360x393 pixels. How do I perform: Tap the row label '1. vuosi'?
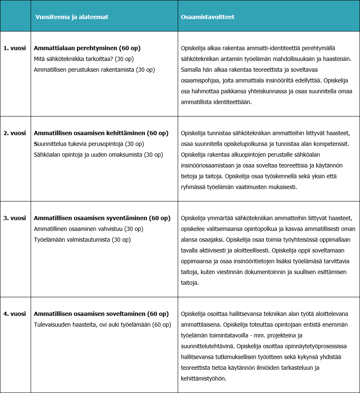[x=14, y=48]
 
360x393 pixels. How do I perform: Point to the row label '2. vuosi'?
[x=14, y=133]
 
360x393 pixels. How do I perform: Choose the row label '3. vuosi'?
[x=14, y=218]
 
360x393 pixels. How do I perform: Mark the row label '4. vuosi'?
[x=14, y=314]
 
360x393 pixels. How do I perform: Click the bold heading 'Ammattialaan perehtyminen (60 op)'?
[x=87, y=48]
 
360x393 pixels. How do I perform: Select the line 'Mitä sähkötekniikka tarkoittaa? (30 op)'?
[x=84, y=59]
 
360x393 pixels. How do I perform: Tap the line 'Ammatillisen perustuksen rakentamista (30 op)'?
[x=94, y=70]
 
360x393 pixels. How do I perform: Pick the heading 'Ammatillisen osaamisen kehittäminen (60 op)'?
[x=101, y=133]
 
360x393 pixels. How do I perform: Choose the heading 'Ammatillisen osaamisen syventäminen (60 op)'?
[x=102, y=218]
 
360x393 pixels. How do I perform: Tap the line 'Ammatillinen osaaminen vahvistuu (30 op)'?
[x=88, y=229]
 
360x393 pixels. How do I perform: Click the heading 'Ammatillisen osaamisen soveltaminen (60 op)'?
[x=101, y=314]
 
